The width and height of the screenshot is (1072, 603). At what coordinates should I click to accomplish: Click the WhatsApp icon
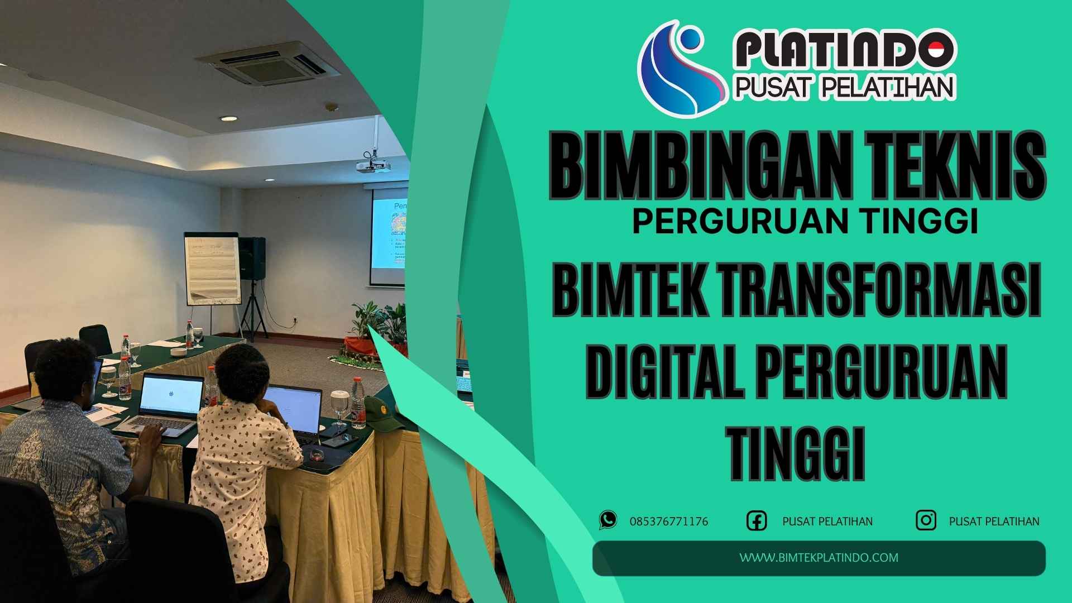tap(608, 520)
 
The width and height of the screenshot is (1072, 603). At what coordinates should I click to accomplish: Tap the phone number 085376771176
tap(669, 521)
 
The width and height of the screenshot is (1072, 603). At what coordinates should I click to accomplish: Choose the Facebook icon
tap(757, 520)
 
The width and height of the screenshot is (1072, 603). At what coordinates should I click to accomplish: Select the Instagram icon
tap(926, 520)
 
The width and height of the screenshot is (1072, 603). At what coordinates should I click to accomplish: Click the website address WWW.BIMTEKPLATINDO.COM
tap(819, 557)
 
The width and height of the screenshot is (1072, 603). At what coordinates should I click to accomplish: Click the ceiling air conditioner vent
tap(268, 62)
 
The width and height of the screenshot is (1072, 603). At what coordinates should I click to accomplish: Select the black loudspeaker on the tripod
tap(252, 257)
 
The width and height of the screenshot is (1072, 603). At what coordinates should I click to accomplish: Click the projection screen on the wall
tap(389, 234)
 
